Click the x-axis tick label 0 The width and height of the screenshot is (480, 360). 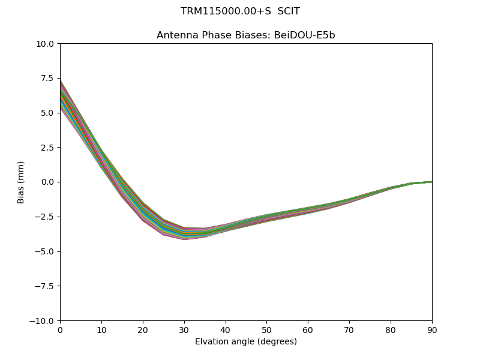60,329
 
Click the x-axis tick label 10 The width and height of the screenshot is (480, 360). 101,329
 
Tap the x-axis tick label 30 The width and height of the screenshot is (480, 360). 184,329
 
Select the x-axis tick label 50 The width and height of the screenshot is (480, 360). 266,329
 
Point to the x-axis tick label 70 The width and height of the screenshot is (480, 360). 349,329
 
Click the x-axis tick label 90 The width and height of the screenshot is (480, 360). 432,329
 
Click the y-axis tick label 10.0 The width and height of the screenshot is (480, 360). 46,44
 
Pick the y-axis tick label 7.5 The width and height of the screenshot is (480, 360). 48,79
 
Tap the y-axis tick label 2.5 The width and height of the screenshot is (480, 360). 48,148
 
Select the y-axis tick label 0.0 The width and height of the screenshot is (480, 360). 48,182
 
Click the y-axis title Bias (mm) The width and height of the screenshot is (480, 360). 21,182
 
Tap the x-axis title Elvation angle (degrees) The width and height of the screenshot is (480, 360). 246,342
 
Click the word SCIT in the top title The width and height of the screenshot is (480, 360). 289,11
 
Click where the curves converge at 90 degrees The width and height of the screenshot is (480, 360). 431,182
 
